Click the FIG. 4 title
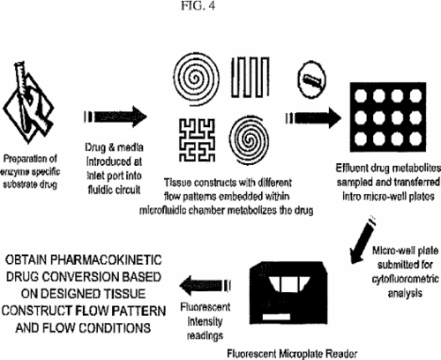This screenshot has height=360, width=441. click(198, 5)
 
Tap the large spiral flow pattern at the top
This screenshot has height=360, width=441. click(196, 77)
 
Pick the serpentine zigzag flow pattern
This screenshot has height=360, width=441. click(250, 77)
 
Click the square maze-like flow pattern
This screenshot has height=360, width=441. click(197, 140)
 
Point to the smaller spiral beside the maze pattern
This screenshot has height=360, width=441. click(250, 139)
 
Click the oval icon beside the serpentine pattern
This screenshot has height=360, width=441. click(312, 79)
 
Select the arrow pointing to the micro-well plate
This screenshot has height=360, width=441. click(313, 118)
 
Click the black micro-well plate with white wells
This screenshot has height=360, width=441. click(388, 117)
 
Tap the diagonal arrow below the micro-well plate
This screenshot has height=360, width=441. click(363, 240)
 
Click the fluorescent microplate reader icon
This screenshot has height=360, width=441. click(288, 292)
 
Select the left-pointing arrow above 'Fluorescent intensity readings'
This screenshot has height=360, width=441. click(205, 285)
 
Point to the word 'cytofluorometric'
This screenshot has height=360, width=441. click(406, 279)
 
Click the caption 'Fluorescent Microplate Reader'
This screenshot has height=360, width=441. click(292, 353)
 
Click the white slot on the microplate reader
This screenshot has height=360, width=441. click(276, 317)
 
